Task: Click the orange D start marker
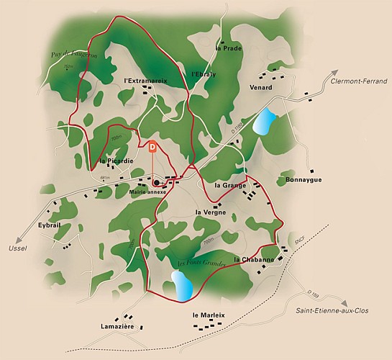(x=152, y=148)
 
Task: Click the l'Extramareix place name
(x=145, y=81)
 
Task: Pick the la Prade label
(x=229, y=48)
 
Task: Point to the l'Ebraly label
(x=204, y=73)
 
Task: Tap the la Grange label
(x=230, y=186)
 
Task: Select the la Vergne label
(x=211, y=212)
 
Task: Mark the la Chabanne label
(x=254, y=259)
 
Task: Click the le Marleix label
(x=209, y=315)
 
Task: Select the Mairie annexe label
(x=147, y=192)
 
